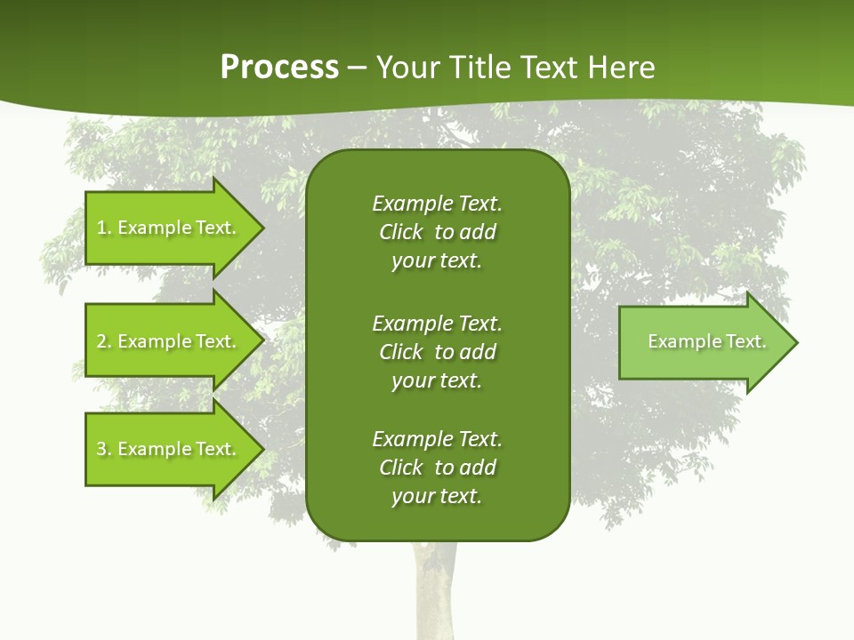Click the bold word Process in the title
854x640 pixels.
[279, 68]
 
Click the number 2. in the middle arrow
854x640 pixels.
[103, 341]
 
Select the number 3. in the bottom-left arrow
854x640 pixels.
[103, 449]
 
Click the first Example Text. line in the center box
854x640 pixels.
[437, 204]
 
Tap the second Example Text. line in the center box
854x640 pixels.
[437, 323]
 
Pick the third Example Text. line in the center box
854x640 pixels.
[437, 439]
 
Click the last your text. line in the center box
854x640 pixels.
[437, 496]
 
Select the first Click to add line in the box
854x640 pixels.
[437, 232]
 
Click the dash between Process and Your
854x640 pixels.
[357, 68]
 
